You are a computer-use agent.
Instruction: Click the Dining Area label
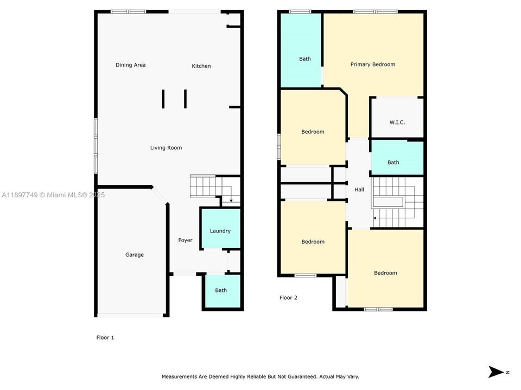[131, 65]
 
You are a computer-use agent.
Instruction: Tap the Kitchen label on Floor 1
[201, 66]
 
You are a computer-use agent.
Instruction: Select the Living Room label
[166, 148]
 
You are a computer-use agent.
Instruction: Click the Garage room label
[134, 255]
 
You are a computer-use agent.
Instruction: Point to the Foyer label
[185, 240]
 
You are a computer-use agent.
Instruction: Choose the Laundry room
[220, 229]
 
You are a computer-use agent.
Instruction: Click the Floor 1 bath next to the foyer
[221, 291]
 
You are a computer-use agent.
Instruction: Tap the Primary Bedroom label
[373, 64]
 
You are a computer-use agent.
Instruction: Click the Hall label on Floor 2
[359, 190]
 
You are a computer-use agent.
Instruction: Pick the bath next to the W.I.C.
[397, 158]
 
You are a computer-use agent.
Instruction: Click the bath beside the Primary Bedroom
[301, 50]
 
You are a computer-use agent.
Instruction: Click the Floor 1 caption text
[105, 337]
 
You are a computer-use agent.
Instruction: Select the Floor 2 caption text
[288, 298]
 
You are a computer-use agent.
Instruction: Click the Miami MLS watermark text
[53, 195]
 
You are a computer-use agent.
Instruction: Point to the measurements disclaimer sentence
[260, 377]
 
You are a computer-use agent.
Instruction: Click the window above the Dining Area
[128, 11]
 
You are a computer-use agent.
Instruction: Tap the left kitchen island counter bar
[163, 99]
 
